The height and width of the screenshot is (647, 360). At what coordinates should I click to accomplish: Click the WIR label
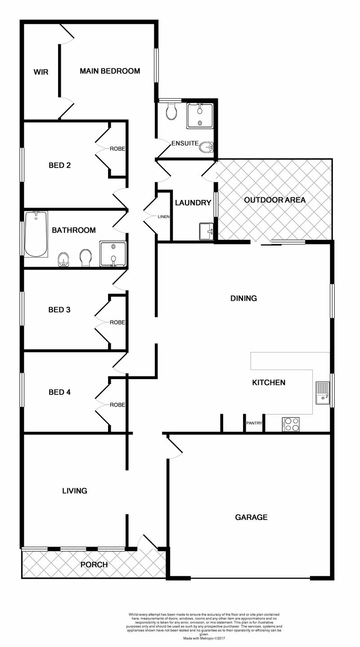41,72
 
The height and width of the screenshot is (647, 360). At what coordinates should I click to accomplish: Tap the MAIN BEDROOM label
110,71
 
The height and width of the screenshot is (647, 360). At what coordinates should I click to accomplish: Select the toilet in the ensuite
171,111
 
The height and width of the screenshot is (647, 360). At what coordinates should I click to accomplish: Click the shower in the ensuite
199,116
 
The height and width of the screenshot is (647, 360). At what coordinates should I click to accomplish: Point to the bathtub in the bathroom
36,234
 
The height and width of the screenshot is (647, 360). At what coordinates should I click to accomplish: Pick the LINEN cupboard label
163,217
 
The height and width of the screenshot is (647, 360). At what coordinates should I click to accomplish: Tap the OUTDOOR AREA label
274,200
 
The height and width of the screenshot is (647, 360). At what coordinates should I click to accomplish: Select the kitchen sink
323,393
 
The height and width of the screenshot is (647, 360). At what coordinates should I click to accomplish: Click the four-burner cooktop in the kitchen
291,425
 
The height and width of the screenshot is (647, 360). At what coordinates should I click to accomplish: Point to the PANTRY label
254,423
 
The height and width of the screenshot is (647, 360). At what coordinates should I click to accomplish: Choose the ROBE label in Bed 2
118,149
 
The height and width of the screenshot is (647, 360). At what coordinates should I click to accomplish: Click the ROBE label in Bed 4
117,405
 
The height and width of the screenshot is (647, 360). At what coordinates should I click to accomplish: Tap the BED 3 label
59,310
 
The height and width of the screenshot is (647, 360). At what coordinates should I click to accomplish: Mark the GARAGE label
251,517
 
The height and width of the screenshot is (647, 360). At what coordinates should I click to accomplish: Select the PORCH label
94,565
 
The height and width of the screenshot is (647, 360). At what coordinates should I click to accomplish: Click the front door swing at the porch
147,543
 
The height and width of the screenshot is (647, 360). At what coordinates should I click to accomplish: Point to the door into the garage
175,448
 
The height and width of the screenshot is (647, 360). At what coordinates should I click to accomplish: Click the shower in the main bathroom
112,253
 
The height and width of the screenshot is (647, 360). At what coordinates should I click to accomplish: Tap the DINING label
243,298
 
